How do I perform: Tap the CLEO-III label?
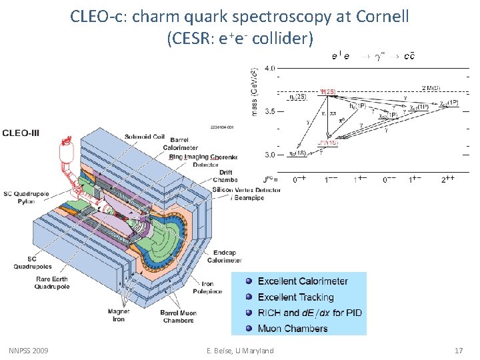(x=21, y=133)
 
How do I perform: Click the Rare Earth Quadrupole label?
(x=35, y=283)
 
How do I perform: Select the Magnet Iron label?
(x=118, y=315)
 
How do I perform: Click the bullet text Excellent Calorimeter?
(x=303, y=281)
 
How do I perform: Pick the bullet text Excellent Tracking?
(x=295, y=297)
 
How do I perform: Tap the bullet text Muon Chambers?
(x=293, y=328)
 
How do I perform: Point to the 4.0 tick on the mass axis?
(x=270, y=68)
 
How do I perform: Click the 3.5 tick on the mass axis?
(x=270, y=111)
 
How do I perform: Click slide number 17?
(x=458, y=351)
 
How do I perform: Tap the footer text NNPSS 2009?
(x=29, y=351)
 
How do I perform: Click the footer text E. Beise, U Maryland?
(x=240, y=351)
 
